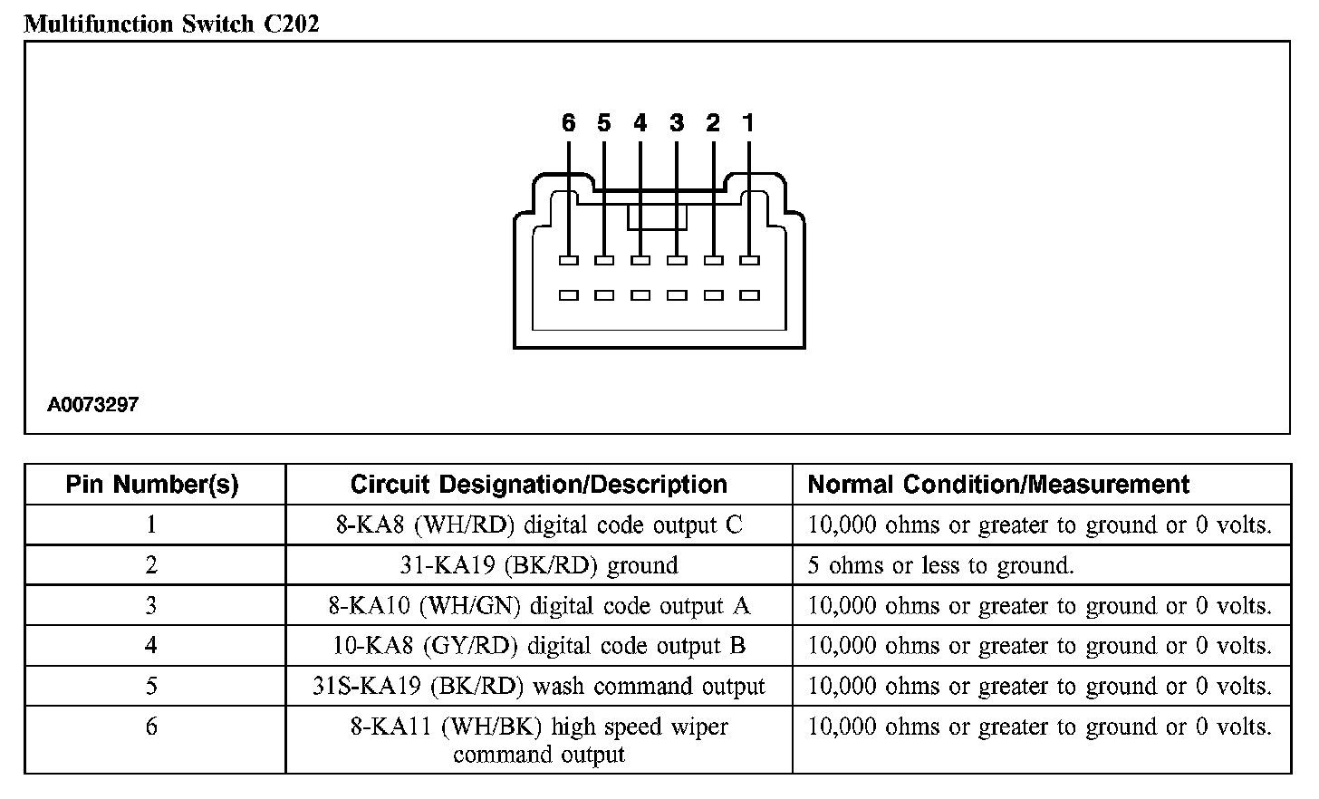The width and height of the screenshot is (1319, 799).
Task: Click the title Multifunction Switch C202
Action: tap(171, 24)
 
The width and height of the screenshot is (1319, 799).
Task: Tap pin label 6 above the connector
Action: tap(568, 123)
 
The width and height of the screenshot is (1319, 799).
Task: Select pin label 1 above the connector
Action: tap(748, 123)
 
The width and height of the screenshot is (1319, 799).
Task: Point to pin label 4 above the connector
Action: tap(640, 123)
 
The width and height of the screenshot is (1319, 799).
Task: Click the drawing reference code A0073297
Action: tap(93, 405)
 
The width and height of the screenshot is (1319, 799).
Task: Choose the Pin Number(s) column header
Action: tap(152, 485)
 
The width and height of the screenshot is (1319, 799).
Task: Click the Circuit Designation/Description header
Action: tap(538, 485)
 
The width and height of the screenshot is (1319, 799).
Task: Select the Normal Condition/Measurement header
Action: tap(998, 485)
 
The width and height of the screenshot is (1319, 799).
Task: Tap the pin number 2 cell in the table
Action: tap(151, 565)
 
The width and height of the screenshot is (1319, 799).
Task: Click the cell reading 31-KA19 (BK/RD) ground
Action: tap(538, 565)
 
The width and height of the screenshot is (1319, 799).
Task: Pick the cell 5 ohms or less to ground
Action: tap(940, 565)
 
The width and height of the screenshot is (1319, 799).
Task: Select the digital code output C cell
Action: tap(538, 525)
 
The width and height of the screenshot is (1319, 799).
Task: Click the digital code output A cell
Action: tap(538, 605)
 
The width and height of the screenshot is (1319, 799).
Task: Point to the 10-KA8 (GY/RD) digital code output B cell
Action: tap(538, 646)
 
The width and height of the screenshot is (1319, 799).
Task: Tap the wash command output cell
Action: tap(538, 687)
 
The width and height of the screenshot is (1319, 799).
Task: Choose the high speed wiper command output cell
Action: tap(538, 740)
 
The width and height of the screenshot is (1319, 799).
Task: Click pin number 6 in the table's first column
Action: tap(151, 727)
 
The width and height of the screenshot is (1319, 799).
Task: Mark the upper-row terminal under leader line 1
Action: tap(749, 261)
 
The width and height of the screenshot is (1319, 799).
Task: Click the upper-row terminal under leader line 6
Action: tap(568, 261)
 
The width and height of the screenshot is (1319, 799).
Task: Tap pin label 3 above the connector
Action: tap(677, 123)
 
